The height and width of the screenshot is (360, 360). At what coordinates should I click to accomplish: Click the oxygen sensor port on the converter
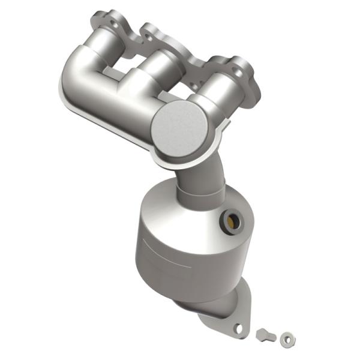coord(231,221)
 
